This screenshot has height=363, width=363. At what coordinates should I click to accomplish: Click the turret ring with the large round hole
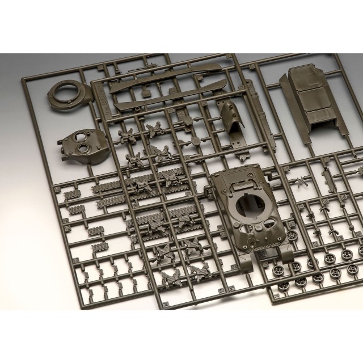[x=67, y=92]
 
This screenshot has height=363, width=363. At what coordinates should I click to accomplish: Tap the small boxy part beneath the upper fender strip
[x=145, y=92]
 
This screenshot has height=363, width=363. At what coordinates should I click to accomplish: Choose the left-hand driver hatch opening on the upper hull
[x=230, y=232]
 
